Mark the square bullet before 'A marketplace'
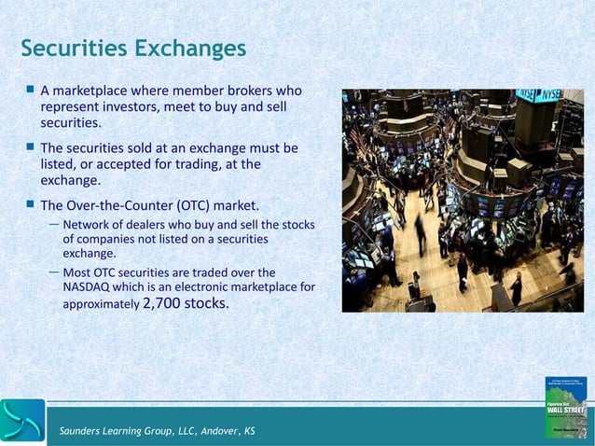(30, 91)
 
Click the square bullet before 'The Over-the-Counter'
(30, 203)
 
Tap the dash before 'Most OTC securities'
(55, 272)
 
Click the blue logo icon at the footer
(22, 421)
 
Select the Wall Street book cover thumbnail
(565, 407)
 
